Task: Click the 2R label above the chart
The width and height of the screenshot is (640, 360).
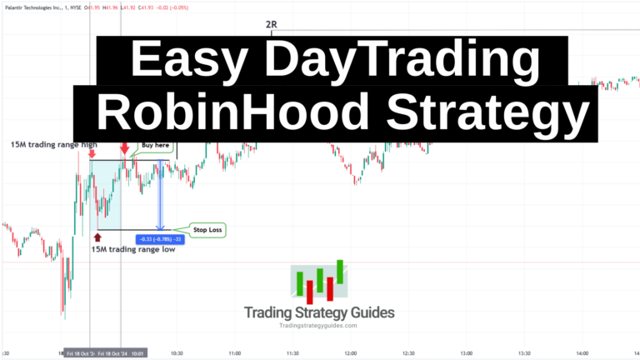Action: coord(271,24)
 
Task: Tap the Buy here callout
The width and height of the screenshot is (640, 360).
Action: coord(157,145)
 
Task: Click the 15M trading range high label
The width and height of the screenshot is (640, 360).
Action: coord(54,145)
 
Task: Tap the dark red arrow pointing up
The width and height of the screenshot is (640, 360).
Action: coord(97,238)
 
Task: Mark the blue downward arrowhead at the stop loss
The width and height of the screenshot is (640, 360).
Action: coord(161,226)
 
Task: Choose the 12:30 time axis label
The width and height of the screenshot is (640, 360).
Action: coord(407,352)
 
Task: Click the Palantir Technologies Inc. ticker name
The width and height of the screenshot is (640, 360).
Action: coord(32,7)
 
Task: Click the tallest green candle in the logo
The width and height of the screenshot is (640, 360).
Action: coord(341,271)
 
